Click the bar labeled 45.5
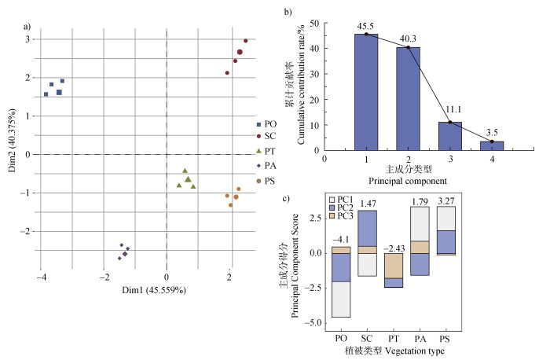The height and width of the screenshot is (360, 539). (366, 92)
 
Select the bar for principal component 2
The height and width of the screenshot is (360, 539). (408, 98)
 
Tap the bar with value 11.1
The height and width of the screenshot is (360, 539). (450, 135)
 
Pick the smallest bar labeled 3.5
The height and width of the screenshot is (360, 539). (492, 145)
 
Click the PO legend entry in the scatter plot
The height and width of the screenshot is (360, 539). (269, 124)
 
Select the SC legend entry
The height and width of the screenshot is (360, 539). (269, 136)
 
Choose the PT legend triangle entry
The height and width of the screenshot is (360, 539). (269, 151)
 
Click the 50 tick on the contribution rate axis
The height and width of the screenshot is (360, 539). (316, 24)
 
